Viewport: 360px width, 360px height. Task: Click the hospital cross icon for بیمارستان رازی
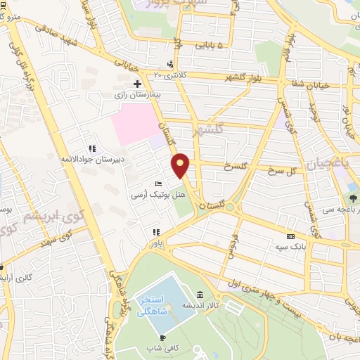pos(137,84)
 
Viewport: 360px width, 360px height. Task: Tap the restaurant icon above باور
pos(156,232)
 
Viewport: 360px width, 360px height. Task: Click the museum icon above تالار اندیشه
pos(201,295)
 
